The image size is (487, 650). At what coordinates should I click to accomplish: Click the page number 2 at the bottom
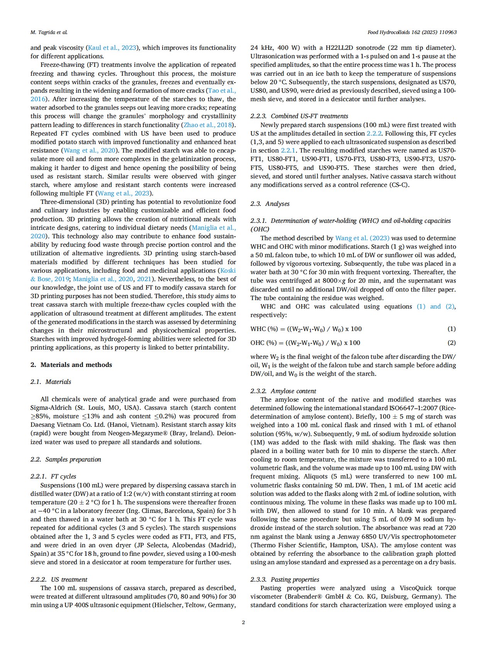[243, 622]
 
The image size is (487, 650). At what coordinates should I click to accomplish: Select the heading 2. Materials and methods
[71, 365]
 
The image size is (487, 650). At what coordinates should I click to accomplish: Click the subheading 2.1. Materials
[51, 382]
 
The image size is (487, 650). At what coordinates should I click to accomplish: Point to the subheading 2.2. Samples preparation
[66, 459]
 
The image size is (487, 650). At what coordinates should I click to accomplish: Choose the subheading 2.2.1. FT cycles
[54, 476]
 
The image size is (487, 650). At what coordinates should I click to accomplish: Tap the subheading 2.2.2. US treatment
[59, 579]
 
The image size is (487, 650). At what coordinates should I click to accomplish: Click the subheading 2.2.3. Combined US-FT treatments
[299, 116]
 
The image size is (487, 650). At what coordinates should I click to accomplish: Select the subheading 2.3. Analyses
[270, 204]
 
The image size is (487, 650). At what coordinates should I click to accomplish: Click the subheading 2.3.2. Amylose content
[283, 391]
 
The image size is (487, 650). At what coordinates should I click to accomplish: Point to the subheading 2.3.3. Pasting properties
[285, 579]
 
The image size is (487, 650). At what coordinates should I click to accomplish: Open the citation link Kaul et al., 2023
[112, 48]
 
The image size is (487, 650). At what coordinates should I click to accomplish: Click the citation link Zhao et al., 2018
[208, 125]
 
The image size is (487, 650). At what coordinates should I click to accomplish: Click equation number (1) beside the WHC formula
[451, 329]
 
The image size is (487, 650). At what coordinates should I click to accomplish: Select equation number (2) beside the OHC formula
[451, 343]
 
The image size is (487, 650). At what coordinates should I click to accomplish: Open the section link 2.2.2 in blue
[374, 133]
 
